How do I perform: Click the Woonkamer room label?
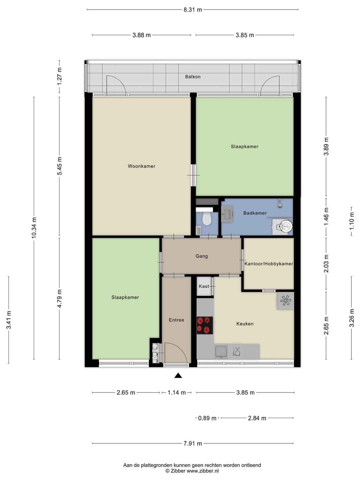141,166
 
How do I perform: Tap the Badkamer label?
255,213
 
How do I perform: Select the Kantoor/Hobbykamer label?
269,264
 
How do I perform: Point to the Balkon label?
193,77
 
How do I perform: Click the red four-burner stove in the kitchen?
205,325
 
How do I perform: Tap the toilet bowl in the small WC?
206,219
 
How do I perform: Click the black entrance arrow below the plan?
178,375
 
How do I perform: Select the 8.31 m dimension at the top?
193,10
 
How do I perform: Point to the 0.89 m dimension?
207,418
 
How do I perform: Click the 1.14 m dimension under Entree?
177,393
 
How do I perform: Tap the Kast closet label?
204,286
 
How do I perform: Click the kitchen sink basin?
221,352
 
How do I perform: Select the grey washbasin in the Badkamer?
227,214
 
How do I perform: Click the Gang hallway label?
202,256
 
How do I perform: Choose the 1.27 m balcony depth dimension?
59,76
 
